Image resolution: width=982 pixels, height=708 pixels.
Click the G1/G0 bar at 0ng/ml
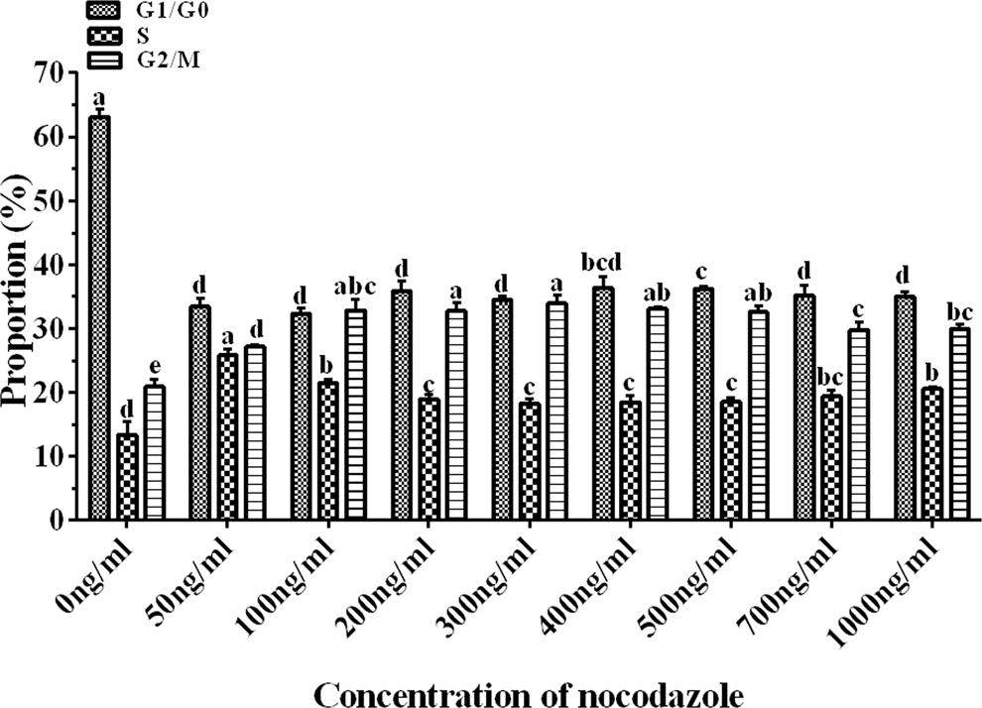click(x=98, y=317)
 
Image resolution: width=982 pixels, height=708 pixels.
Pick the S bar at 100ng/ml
click(x=326, y=451)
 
